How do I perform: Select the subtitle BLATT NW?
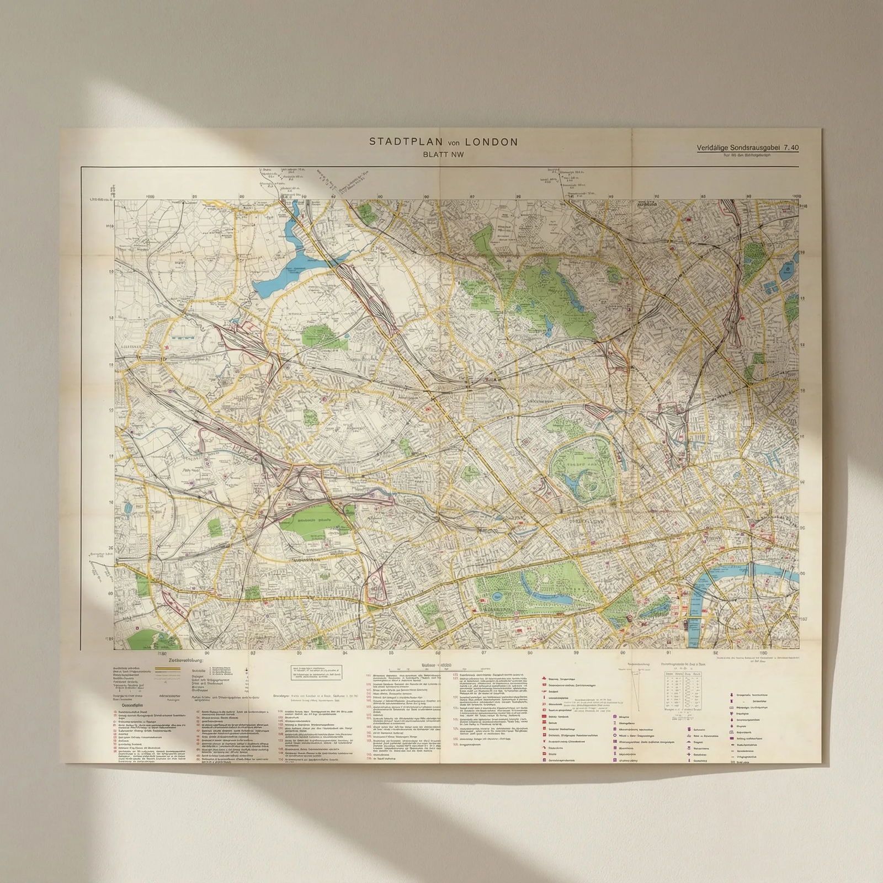(443, 155)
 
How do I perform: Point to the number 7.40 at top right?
(790, 147)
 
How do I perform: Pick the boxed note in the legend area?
(317, 671)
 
